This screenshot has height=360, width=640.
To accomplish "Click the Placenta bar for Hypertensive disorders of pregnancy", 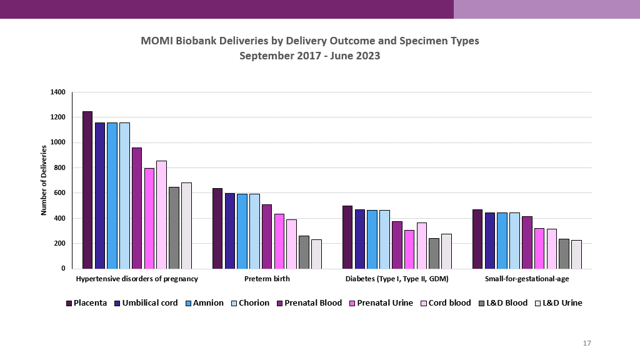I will click(x=87, y=190).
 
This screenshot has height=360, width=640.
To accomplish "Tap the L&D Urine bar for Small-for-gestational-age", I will click(x=576, y=254).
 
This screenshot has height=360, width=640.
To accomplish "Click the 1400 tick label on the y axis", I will click(x=57, y=92).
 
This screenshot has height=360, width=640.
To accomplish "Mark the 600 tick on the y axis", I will click(x=59, y=193).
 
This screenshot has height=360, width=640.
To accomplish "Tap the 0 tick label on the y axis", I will click(x=63, y=269).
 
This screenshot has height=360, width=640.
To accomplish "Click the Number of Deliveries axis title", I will click(x=44, y=180).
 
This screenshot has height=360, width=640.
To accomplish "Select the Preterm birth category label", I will click(x=267, y=279).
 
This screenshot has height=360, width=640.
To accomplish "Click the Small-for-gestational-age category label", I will click(x=527, y=279).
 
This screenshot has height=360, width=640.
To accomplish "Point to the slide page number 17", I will click(x=586, y=343).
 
